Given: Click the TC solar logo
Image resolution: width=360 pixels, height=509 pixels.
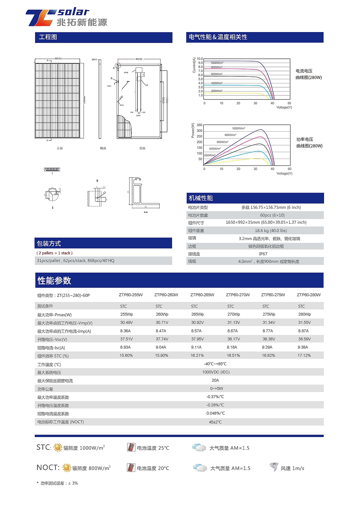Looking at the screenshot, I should click(x=66, y=17).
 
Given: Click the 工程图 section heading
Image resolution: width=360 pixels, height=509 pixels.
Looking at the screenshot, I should click(x=48, y=37).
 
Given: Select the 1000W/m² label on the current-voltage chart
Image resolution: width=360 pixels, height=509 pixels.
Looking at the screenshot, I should click(x=217, y=63).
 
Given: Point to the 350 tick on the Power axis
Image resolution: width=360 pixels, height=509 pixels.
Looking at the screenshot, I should click(x=199, y=125).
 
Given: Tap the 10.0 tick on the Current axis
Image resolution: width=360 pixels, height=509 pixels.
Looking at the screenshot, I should click(x=200, y=59).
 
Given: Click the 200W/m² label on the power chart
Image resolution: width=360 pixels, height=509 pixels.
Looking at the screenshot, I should click(x=210, y=155).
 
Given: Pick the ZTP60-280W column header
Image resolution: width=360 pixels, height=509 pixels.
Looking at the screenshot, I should click(x=309, y=295).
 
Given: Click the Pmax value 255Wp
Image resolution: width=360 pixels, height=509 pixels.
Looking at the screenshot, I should click(x=127, y=314).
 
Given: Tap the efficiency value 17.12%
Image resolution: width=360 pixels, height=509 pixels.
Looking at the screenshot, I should click(x=304, y=355).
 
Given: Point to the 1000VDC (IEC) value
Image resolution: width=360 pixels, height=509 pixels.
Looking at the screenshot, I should click(x=216, y=372).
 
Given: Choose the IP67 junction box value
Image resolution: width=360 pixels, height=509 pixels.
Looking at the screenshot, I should click(x=263, y=254).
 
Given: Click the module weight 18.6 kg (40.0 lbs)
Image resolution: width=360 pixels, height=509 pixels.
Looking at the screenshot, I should click(x=271, y=231).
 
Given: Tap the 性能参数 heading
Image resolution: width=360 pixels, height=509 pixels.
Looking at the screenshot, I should click(x=54, y=281).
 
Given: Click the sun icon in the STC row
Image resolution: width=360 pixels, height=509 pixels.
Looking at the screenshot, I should click(x=58, y=448).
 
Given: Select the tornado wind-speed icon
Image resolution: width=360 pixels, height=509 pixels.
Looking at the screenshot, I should click(x=274, y=467).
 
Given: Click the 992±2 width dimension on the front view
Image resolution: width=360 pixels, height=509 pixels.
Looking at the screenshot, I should click(x=58, y=59).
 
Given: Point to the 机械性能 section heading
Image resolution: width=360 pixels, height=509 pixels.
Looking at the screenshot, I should click(x=201, y=198).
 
